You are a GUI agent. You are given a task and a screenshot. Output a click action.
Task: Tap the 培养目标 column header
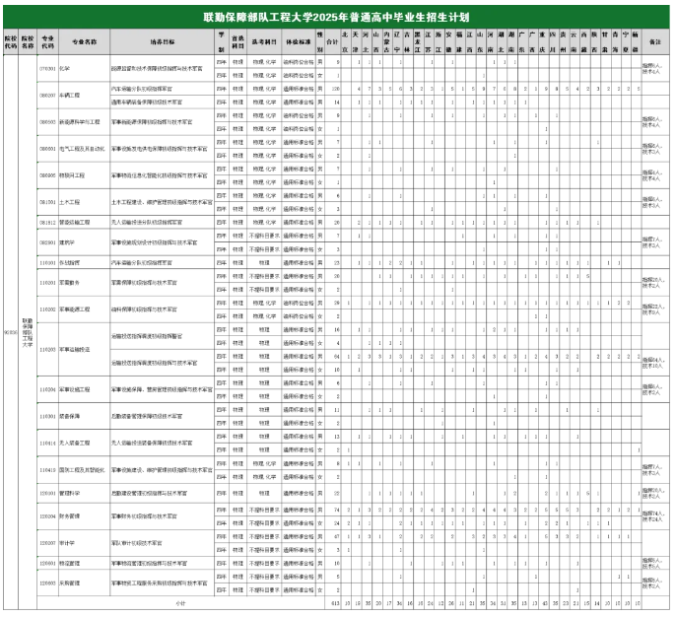click(163, 42)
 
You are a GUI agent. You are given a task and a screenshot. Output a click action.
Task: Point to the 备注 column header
click(656, 42)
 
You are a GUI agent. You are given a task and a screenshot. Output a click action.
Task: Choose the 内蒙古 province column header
click(385, 42)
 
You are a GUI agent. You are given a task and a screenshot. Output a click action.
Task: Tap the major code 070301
click(46, 69)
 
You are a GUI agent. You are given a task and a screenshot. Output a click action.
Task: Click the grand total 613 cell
click(335, 600)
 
